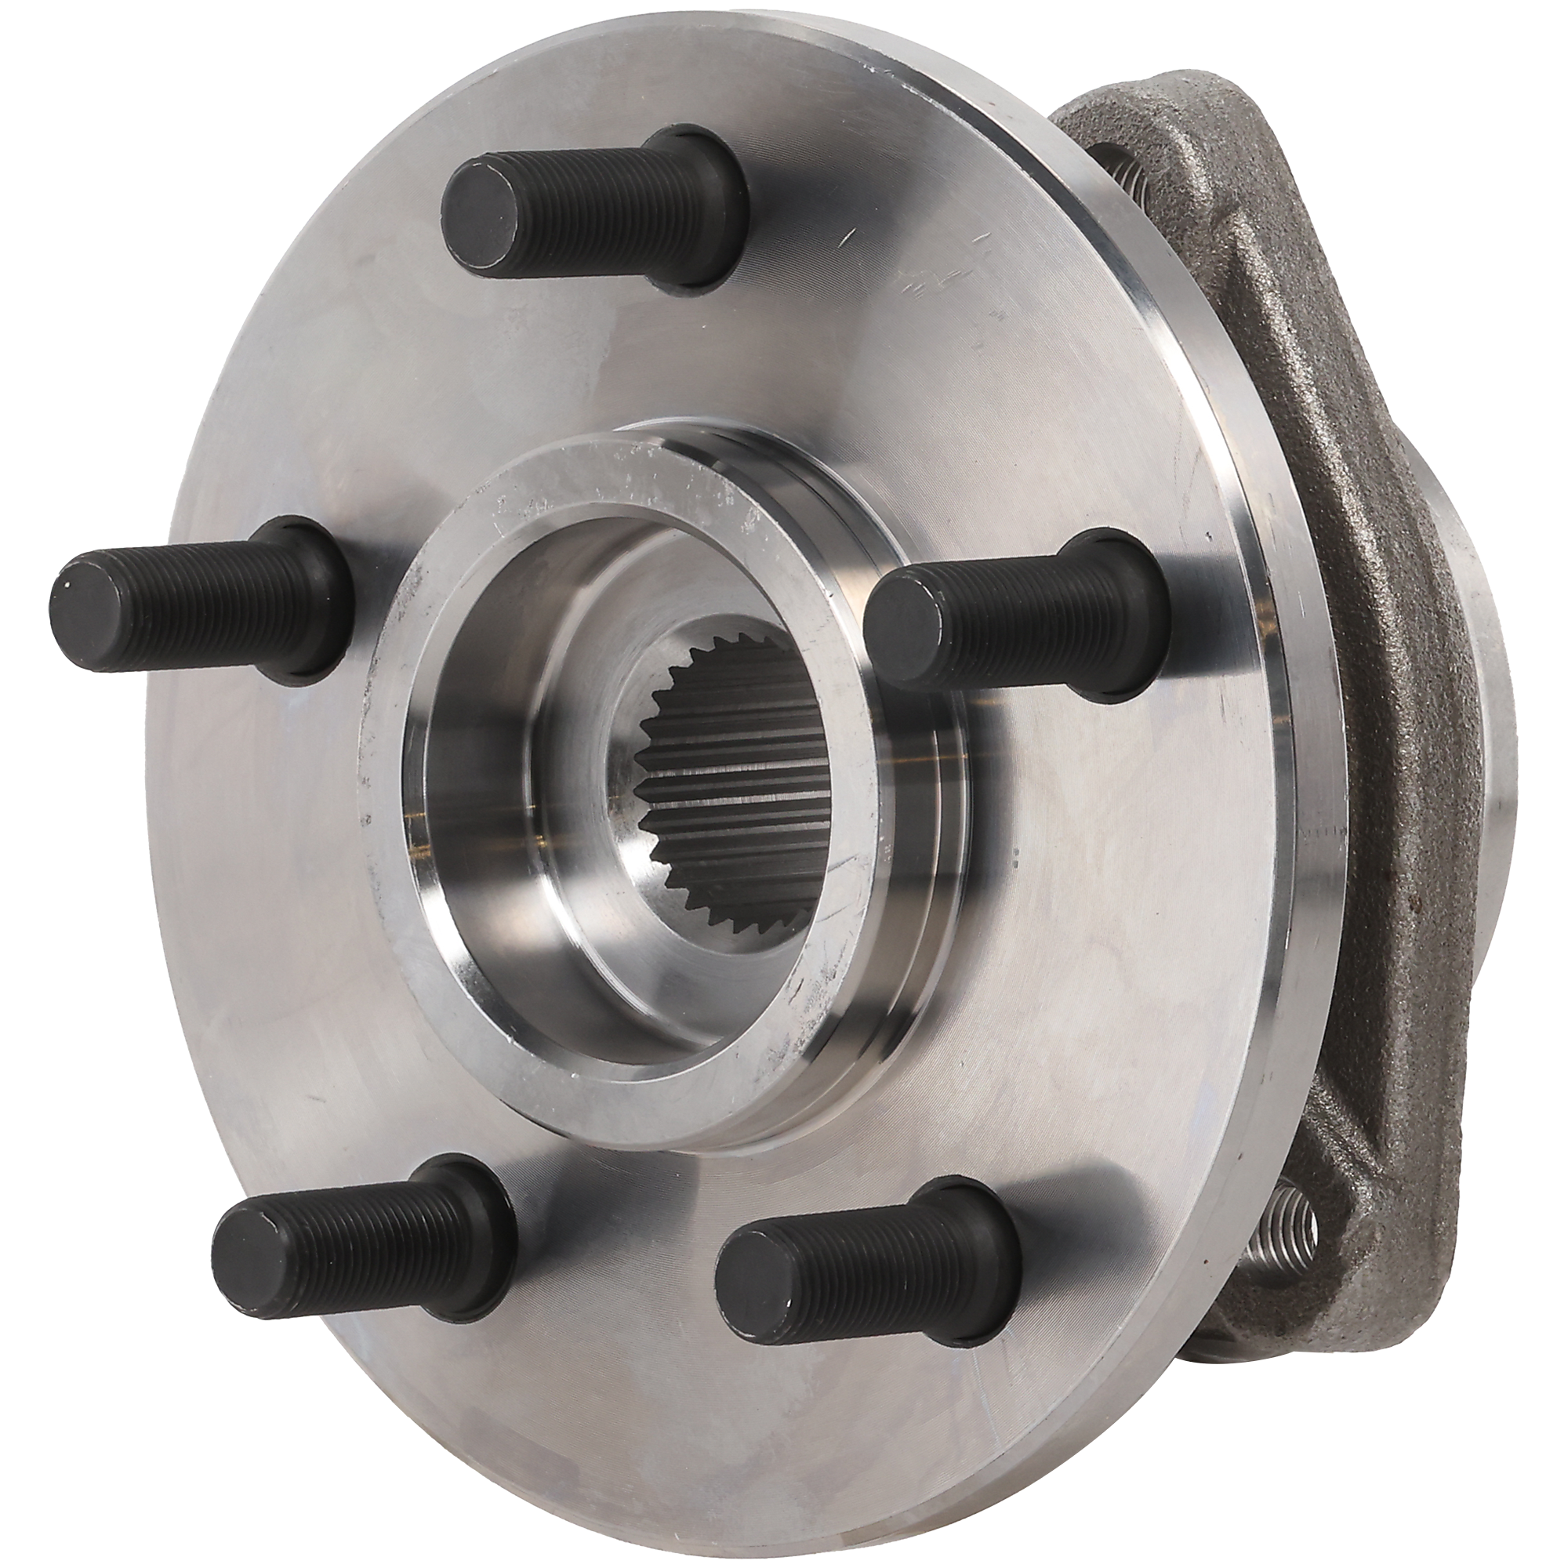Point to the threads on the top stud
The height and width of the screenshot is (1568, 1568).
(x=584, y=203)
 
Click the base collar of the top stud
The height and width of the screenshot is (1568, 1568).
(x=698, y=211)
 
